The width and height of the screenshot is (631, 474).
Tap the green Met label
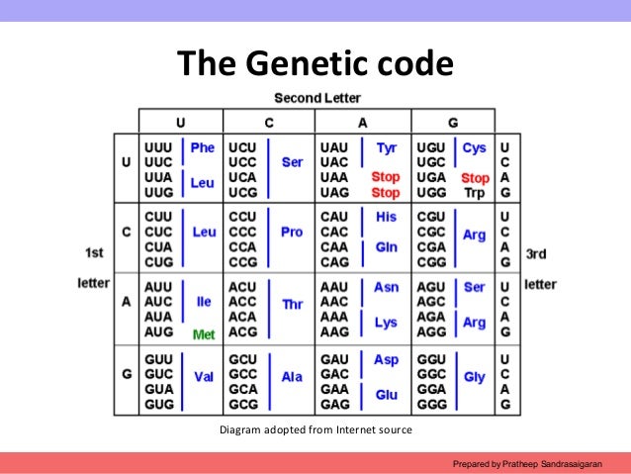[x=204, y=334]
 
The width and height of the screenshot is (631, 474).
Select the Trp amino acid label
[x=475, y=193]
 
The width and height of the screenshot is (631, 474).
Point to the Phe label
[x=202, y=148]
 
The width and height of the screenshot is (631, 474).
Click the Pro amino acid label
[x=291, y=232]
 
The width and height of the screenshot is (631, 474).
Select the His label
[x=387, y=217]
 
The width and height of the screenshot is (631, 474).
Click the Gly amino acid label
[x=475, y=377]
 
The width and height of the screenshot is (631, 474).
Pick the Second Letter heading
[x=316, y=98]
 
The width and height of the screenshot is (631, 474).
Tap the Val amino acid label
[x=204, y=377]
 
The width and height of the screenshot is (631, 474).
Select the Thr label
[x=293, y=305]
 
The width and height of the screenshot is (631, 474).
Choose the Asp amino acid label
[x=387, y=361]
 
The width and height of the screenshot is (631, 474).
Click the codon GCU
[x=242, y=361]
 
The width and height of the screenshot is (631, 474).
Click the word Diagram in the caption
[x=242, y=429]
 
